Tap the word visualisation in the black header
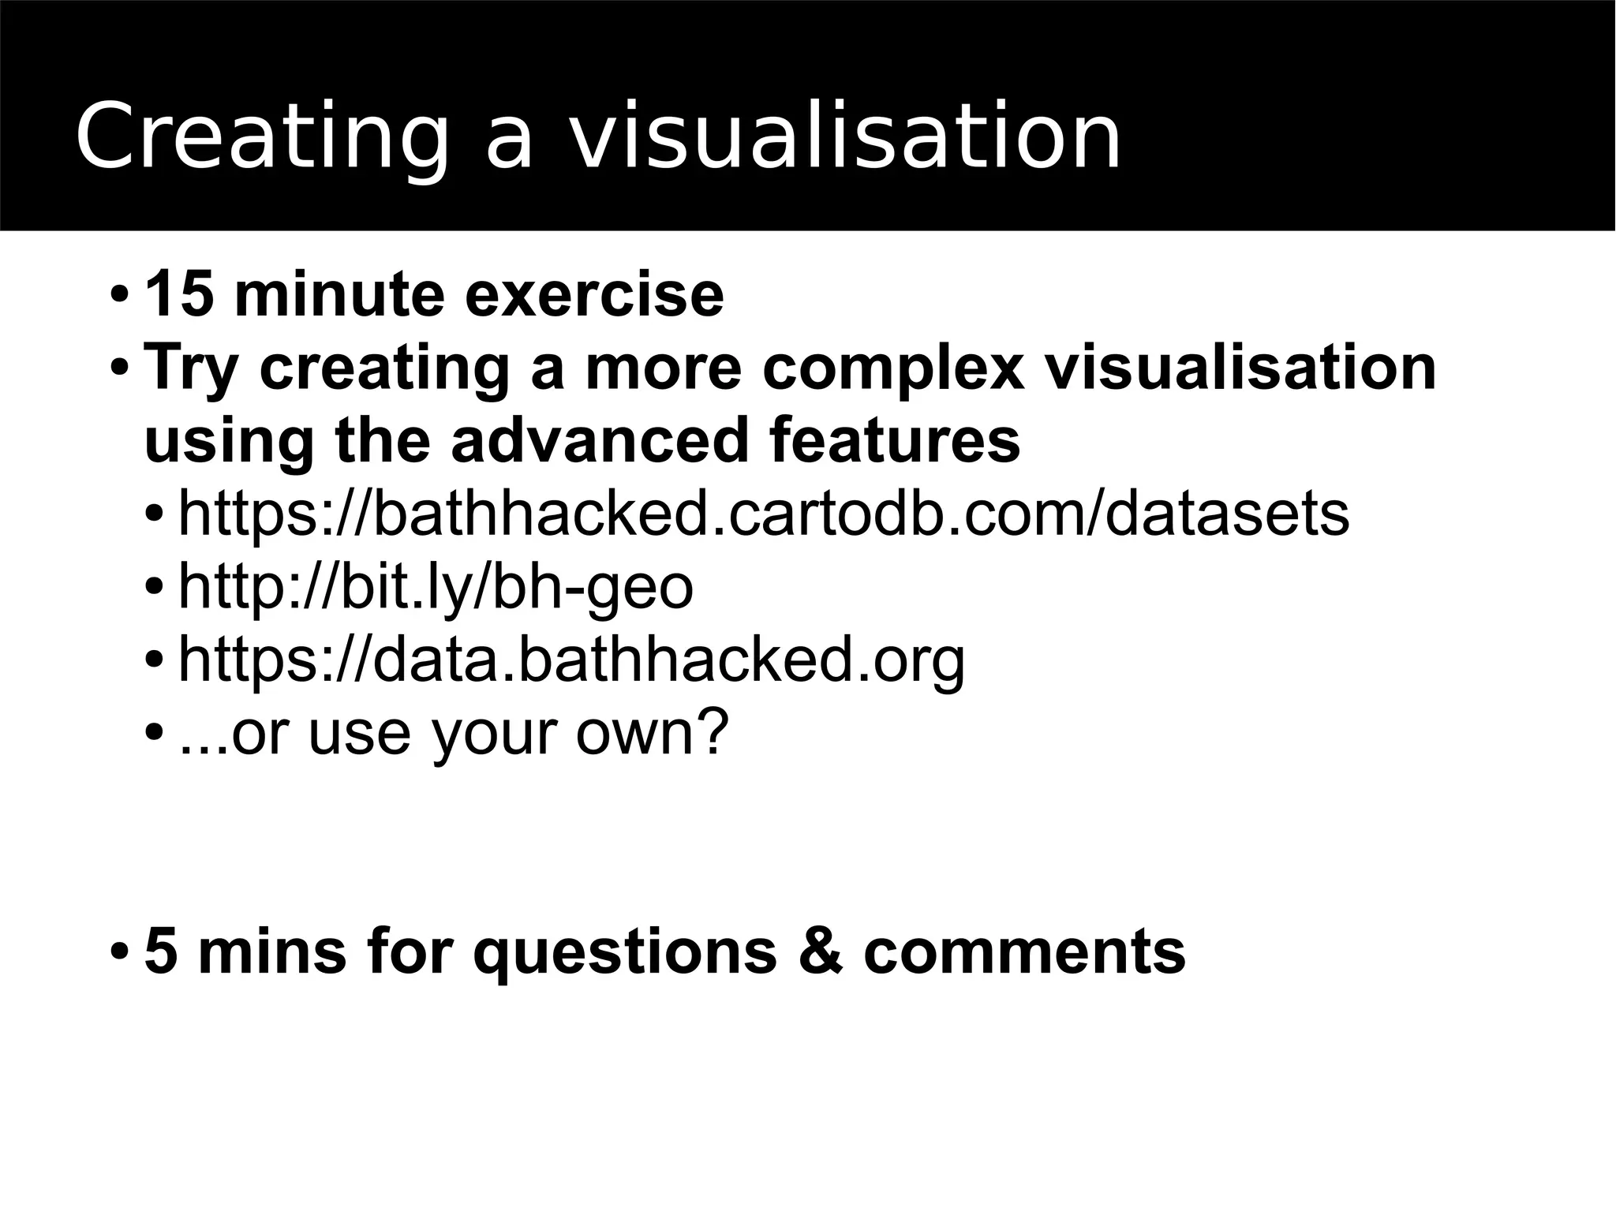pos(844,136)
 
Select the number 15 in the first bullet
pos(179,294)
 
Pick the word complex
pos(893,368)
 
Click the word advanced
pos(600,440)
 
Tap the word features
pos(894,440)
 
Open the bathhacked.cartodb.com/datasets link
pos(764,514)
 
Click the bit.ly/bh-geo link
pos(436,587)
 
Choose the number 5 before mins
pos(161,951)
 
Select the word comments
pos(1024,951)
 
